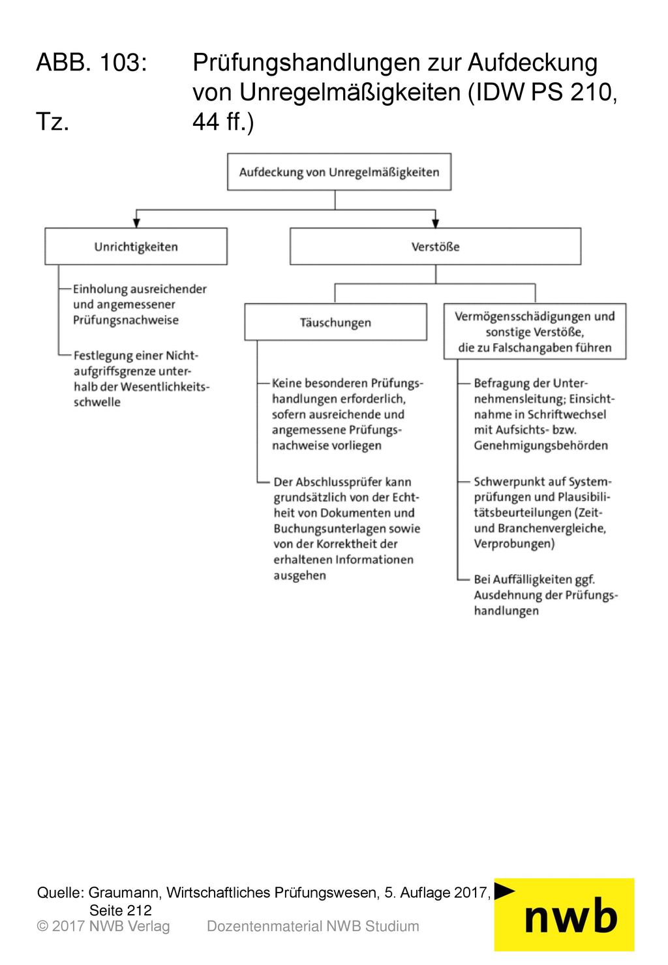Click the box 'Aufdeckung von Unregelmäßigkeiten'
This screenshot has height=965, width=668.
point(339,172)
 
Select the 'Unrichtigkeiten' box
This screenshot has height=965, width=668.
point(136,247)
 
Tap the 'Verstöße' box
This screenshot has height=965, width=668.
point(435,247)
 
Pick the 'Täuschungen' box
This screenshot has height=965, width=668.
point(335,322)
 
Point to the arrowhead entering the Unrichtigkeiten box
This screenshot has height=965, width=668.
point(136,222)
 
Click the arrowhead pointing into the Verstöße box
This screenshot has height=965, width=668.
point(435,222)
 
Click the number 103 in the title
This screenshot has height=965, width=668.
point(123,62)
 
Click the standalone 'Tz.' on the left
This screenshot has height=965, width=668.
point(53,122)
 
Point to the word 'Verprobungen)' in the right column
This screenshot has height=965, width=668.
point(514,544)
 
